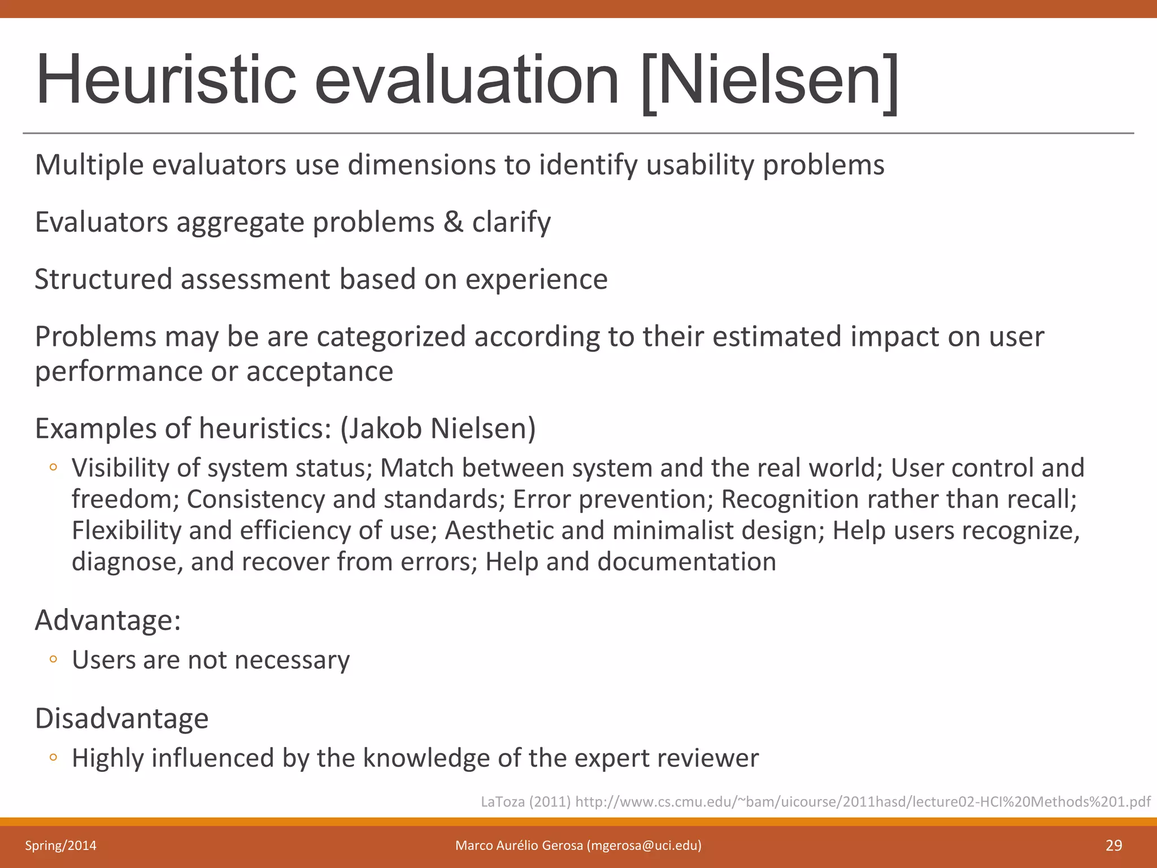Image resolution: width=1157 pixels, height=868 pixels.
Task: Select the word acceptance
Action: click(320, 371)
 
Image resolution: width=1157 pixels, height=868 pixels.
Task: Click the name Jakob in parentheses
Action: click(384, 428)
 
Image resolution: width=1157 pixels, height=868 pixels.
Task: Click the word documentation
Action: click(686, 562)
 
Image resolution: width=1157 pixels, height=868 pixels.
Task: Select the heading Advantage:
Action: click(108, 620)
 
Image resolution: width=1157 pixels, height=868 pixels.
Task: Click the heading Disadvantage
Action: click(121, 718)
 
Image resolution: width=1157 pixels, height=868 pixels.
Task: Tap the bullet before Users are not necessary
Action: click(53, 659)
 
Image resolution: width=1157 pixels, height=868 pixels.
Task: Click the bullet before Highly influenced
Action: click(53, 757)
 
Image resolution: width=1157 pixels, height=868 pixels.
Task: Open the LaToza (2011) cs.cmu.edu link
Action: click(815, 801)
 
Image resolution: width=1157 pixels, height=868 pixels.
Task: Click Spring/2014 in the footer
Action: click(60, 845)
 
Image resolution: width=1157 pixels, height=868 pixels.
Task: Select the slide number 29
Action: click(1113, 845)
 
